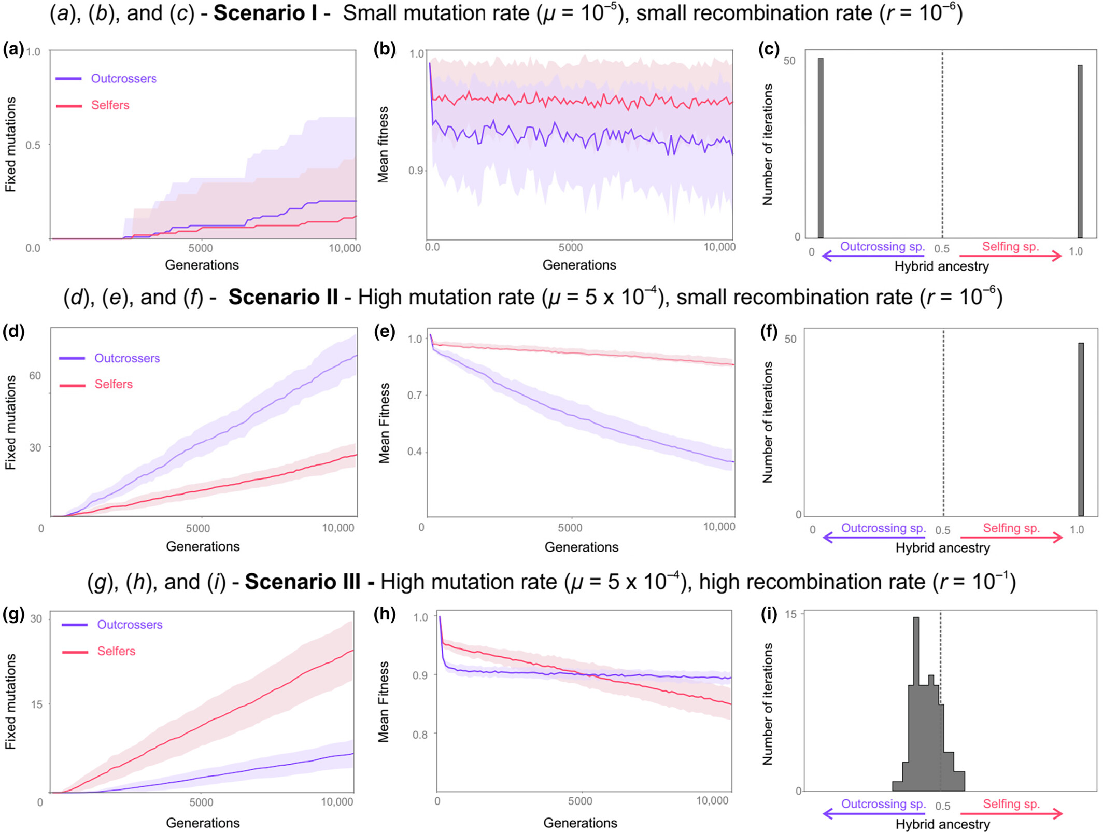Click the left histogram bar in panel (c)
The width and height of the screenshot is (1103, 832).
click(x=821, y=148)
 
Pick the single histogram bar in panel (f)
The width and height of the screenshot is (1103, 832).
click(x=1081, y=429)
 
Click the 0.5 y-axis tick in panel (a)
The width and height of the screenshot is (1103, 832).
click(x=33, y=145)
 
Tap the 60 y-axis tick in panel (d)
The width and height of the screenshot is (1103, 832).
click(x=35, y=376)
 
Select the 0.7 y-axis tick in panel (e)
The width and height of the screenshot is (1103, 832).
click(x=415, y=396)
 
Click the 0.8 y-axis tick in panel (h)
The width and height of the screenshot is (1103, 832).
click(x=420, y=734)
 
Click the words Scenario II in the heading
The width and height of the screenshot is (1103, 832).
click(x=283, y=298)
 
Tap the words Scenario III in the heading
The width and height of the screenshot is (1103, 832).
click(x=303, y=582)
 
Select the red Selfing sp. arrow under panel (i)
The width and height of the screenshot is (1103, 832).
click(x=1011, y=814)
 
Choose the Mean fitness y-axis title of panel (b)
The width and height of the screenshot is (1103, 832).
click(x=383, y=145)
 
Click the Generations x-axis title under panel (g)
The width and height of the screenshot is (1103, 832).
click(x=203, y=823)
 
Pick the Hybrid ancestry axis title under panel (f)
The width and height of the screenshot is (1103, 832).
click(x=942, y=548)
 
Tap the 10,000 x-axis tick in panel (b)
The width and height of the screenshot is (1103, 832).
click(x=719, y=247)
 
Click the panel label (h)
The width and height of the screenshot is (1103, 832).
click(x=385, y=614)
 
